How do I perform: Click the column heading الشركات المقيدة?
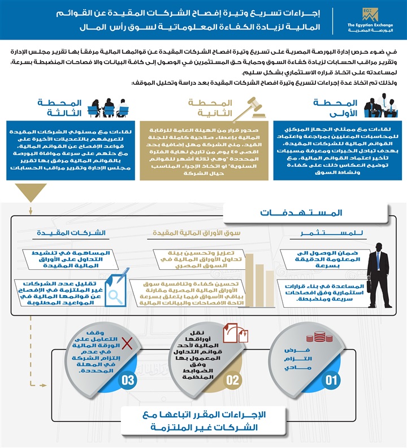[71, 233]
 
